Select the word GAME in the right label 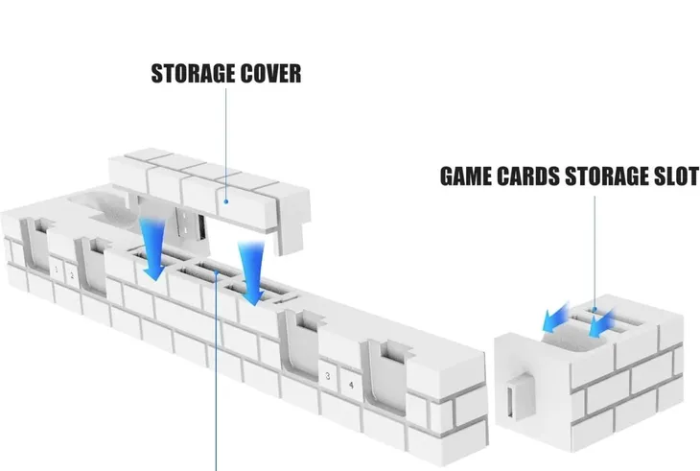(x=468, y=177)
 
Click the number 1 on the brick (x=57, y=273)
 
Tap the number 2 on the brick (x=72, y=276)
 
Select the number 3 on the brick (x=328, y=376)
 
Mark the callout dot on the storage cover (x=223, y=201)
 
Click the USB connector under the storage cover (x=198, y=229)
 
